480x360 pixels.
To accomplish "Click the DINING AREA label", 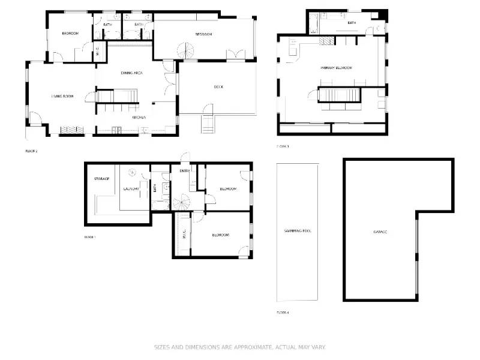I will click(x=131, y=73).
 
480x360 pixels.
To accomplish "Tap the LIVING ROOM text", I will click(x=62, y=96).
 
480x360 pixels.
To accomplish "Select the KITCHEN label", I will click(x=139, y=117).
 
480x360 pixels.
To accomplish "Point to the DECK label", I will click(x=218, y=87).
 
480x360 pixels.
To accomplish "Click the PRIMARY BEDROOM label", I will click(x=336, y=68).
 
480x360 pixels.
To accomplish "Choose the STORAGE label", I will click(x=101, y=179).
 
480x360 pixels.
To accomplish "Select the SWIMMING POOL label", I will click(x=297, y=230).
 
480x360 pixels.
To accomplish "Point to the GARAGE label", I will click(x=380, y=232).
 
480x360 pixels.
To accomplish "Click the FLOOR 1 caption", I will click(x=90, y=237).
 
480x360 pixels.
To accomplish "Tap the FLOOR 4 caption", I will click(x=283, y=313).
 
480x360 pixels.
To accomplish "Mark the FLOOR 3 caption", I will click(x=283, y=146).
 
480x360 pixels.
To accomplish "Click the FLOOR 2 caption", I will click(x=31, y=151).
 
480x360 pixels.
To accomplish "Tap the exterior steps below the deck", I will click(x=208, y=125).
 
